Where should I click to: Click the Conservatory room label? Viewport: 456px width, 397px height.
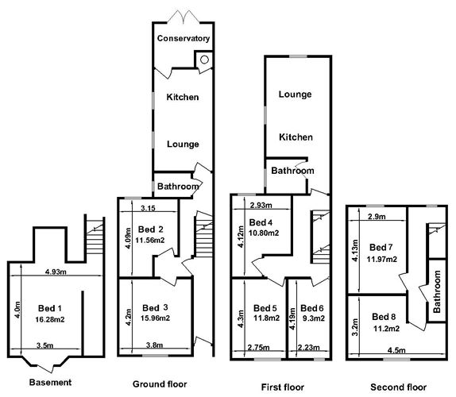click(183, 38)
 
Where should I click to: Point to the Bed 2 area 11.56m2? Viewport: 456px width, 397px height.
click(150, 239)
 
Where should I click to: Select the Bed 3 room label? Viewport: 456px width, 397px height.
click(155, 307)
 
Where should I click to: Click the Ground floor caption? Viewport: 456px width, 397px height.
click(160, 384)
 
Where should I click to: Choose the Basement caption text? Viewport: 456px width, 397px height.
click(50, 383)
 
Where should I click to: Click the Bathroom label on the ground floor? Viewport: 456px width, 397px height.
click(176, 187)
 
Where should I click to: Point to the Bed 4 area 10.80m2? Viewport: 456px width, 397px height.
click(264, 233)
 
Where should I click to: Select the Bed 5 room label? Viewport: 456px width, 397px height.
click(262, 307)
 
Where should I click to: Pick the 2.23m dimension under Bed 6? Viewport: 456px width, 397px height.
click(309, 347)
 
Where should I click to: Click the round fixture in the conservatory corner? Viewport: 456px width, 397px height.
click(204, 58)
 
